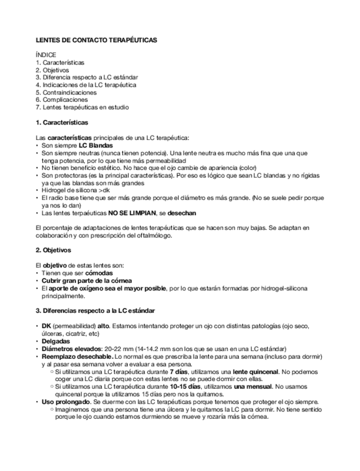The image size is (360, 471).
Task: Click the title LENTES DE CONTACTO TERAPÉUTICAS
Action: [x=96, y=41]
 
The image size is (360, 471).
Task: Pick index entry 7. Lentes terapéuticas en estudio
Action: [x=82, y=107]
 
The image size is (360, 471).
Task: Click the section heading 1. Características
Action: [x=62, y=122]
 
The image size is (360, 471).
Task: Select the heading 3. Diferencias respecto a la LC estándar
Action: [x=95, y=309]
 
